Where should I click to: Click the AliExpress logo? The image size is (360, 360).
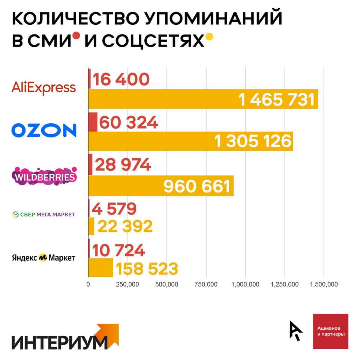pyautogui.click(x=43, y=87)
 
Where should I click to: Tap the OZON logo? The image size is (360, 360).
pyautogui.click(x=44, y=130)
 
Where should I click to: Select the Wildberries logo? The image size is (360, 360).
pyautogui.click(x=44, y=175)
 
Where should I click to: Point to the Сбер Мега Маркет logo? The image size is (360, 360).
pyautogui.click(x=44, y=214)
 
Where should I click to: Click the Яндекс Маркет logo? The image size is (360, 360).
pyautogui.click(x=43, y=258)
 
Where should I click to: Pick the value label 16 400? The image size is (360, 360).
pyautogui.click(x=121, y=79)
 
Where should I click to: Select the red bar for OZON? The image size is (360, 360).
pyautogui.click(x=93, y=122)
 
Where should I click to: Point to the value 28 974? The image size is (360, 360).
pyautogui.click(x=123, y=165)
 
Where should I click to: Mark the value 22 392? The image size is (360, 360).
pyautogui.click(x=125, y=226)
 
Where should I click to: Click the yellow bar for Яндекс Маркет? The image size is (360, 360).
pyautogui.click(x=100, y=268)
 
